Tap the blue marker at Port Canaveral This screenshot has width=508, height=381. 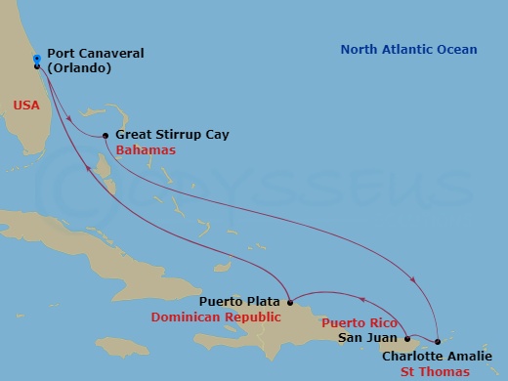click(x=36, y=59)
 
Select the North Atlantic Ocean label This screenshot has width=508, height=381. click(x=409, y=50)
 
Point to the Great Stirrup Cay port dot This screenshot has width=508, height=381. click(x=105, y=136)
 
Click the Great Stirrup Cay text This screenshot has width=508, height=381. click(x=172, y=135)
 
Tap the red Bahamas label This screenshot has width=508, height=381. click(x=146, y=150)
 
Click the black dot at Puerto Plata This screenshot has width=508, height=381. click(x=290, y=303)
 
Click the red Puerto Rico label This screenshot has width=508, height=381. click(x=348, y=321)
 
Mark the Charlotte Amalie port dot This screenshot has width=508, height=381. click(x=437, y=342)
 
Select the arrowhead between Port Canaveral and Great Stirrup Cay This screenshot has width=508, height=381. click(x=68, y=120)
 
